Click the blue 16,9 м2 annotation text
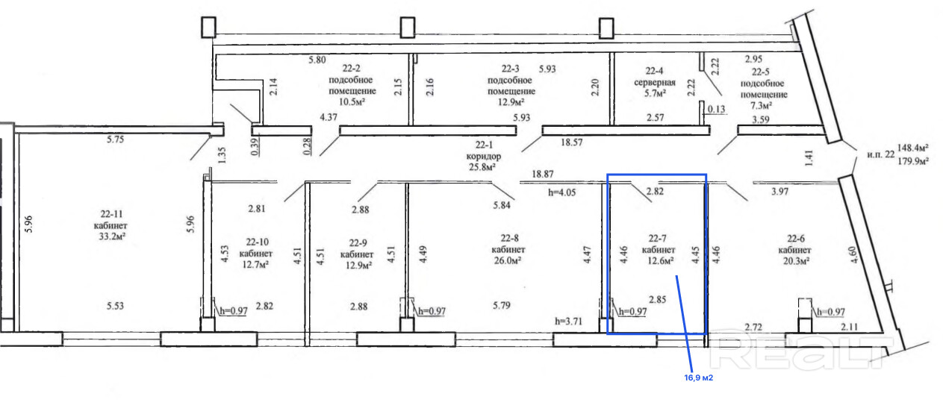click(698, 377)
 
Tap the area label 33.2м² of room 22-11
click(113, 236)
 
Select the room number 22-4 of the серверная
click(654, 71)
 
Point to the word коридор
click(484, 156)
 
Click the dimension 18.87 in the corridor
click(543, 174)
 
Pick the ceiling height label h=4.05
click(561, 192)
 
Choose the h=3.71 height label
click(568, 322)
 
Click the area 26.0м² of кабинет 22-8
click(508, 260)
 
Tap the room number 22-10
click(258, 242)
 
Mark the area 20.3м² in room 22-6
click(797, 261)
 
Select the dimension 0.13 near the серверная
click(717, 110)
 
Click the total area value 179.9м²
click(913, 161)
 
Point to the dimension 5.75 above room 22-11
click(115, 140)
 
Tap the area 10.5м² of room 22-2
click(352, 101)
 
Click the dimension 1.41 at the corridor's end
click(809, 158)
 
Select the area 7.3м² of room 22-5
click(761, 105)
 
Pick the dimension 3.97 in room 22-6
click(779, 192)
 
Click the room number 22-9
click(358, 243)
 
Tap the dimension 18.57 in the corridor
click(572, 142)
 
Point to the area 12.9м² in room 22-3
click(511, 102)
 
